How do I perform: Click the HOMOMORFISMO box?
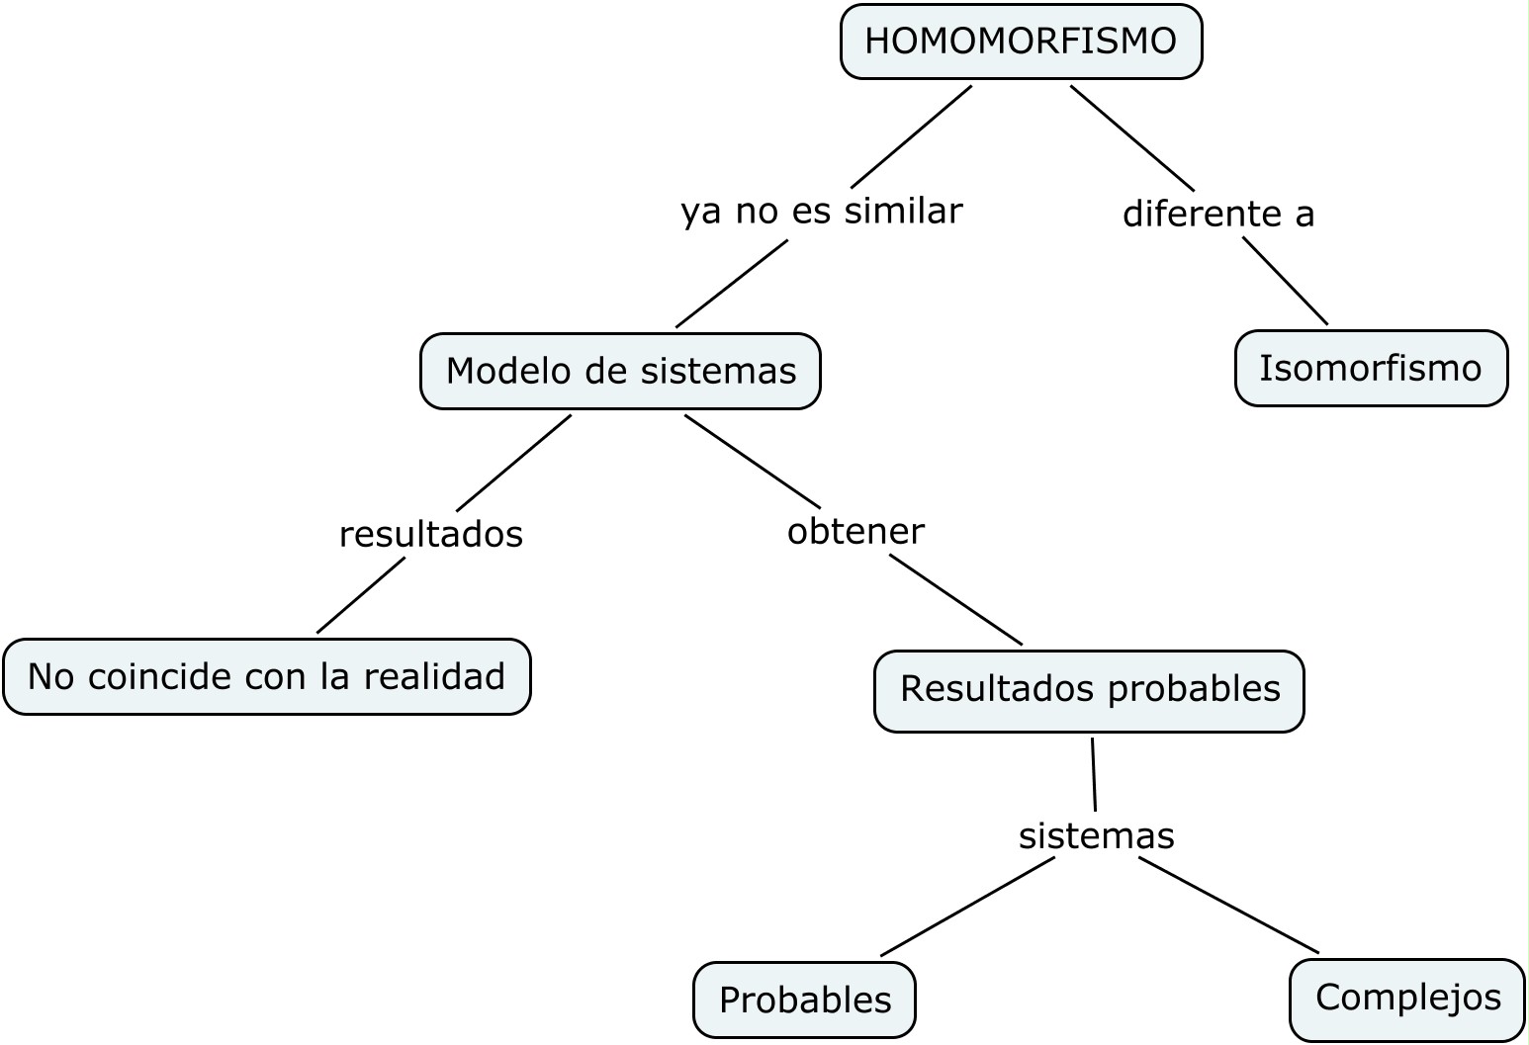tap(1022, 42)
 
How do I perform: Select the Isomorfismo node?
tap(1372, 369)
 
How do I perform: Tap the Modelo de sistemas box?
tap(620, 372)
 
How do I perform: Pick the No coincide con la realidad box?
tap(267, 677)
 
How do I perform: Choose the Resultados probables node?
tap(1090, 691)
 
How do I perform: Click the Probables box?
tap(805, 1000)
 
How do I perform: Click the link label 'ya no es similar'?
tap(822, 212)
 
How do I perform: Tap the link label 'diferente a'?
tap(1218, 214)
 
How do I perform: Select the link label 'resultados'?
tap(431, 535)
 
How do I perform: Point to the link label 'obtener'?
tap(855, 531)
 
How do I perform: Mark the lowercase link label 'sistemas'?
tap(1097, 836)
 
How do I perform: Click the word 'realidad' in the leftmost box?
tap(434, 676)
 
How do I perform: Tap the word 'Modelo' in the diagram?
tap(510, 371)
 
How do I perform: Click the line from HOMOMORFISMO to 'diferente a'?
tap(1132, 138)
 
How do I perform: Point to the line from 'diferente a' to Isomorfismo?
tap(1286, 281)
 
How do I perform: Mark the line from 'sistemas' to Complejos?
tap(1228, 906)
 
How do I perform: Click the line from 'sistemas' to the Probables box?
tap(968, 908)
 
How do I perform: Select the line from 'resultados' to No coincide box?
tap(361, 595)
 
